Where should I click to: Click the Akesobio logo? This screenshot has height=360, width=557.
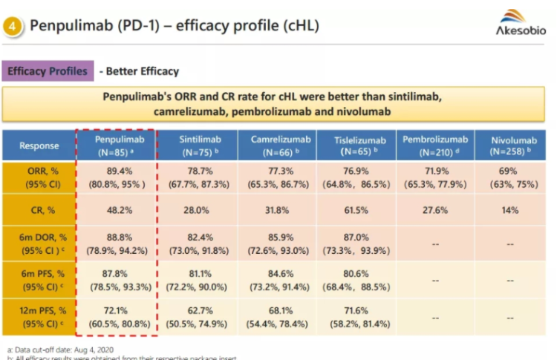pos(521,22)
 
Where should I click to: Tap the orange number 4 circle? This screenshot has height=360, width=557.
pos(13,26)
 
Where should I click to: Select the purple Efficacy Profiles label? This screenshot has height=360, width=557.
pos(48,71)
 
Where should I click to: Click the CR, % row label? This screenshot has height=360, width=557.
pos(39,210)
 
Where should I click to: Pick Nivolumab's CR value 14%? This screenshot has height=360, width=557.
pos(511,210)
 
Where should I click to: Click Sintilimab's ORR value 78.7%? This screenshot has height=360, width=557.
pos(197,169)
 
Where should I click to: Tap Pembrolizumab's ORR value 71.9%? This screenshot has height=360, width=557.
pos(434,169)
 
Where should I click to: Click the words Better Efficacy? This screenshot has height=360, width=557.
pos(142,71)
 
